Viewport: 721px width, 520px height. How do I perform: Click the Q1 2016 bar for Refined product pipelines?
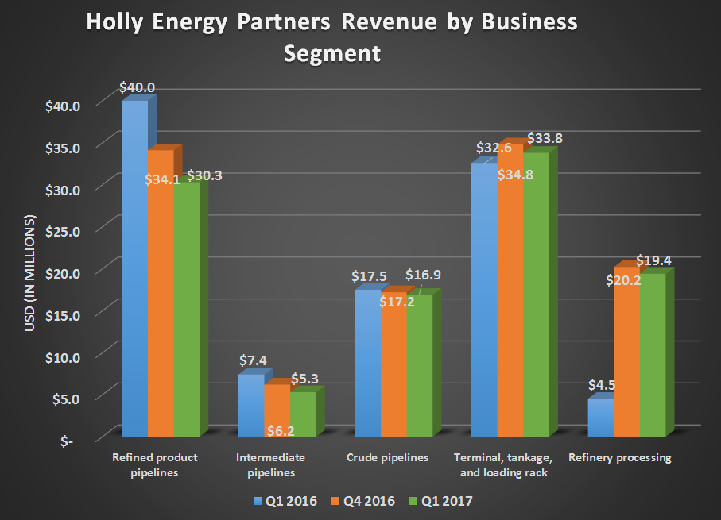point(134,270)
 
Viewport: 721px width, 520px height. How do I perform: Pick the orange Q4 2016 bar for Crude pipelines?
point(393,365)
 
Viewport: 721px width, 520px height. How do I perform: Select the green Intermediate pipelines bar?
point(302,414)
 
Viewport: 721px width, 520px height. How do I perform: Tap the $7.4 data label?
point(254,360)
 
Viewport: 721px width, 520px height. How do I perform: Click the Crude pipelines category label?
point(387,458)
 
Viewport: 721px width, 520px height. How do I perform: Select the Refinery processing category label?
point(620,458)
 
